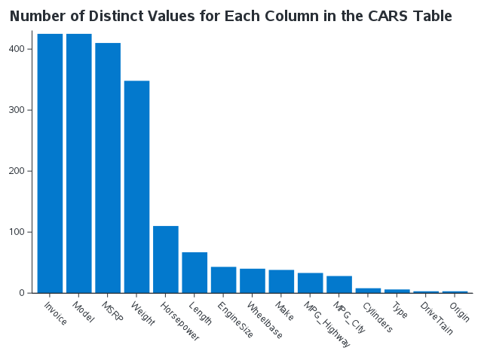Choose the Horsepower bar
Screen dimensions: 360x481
(x=165, y=259)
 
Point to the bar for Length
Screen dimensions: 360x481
(x=195, y=272)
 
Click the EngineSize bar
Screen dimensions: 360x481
(x=223, y=279)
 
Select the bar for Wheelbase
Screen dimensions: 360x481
(x=252, y=280)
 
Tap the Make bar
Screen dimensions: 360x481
(x=281, y=281)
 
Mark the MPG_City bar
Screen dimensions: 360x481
(x=339, y=284)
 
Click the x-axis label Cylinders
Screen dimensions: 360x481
(x=376, y=316)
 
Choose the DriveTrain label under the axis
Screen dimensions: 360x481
(x=437, y=318)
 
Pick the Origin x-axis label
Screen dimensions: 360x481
(x=459, y=312)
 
